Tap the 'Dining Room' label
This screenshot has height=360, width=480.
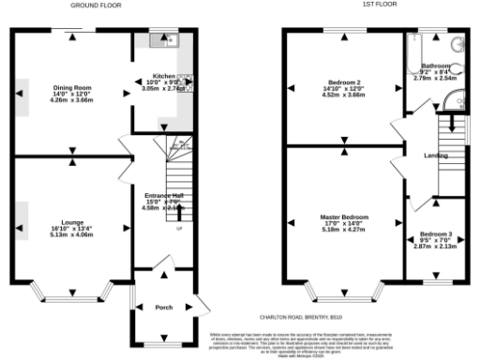pyautogui.click(x=71, y=82)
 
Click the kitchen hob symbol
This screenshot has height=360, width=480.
pyautogui.click(x=184, y=82)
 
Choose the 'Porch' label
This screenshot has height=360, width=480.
pyautogui.click(x=162, y=307)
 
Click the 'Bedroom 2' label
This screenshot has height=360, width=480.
pyautogui.click(x=344, y=82)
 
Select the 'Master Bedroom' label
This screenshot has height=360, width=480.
pyautogui.click(x=344, y=217)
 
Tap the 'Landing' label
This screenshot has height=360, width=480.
pyautogui.click(x=436, y=156)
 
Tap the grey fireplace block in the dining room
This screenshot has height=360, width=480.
pyautogui.click(x=22, y=97)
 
